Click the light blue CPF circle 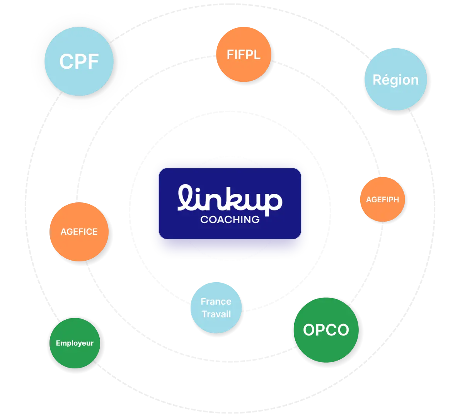coord(79,61)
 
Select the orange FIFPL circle coord(244,54)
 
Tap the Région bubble coord(395,80)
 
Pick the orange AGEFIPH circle coord(382,200)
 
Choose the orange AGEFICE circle coord(79,232)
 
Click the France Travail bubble coord(216,308)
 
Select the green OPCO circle coord(326,330)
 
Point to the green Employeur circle coord(75,343)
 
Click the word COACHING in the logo coord(230,220)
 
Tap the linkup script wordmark coord(230,198)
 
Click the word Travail coord(216,314)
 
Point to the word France coord(216,302)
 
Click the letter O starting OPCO coord(309,330)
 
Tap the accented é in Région coord(385,80)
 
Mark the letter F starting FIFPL coord(230,55)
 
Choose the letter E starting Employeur coord(58,343)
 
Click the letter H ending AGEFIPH coord(396,200)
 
